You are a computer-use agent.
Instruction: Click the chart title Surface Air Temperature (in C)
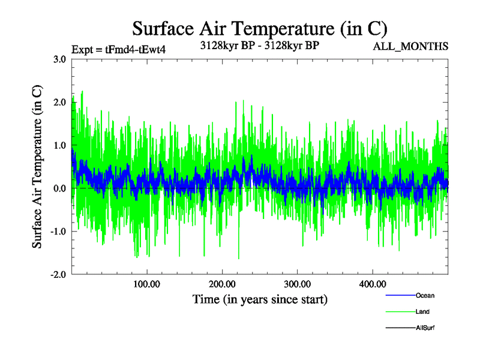259,28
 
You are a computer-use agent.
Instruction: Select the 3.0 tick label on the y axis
59,59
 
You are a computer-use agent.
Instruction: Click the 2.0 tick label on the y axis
59,102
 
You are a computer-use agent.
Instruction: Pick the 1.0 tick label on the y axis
59,145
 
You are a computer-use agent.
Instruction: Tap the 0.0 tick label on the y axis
59,188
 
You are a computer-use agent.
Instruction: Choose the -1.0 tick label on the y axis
58,232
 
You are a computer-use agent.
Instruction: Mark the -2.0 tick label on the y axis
58,275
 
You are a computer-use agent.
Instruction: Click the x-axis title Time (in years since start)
259,299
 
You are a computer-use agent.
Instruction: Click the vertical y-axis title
37,167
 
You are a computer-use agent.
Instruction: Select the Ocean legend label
425,295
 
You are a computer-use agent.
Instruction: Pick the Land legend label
422,311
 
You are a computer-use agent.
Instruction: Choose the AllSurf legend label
425,328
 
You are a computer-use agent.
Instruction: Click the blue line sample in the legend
398,295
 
